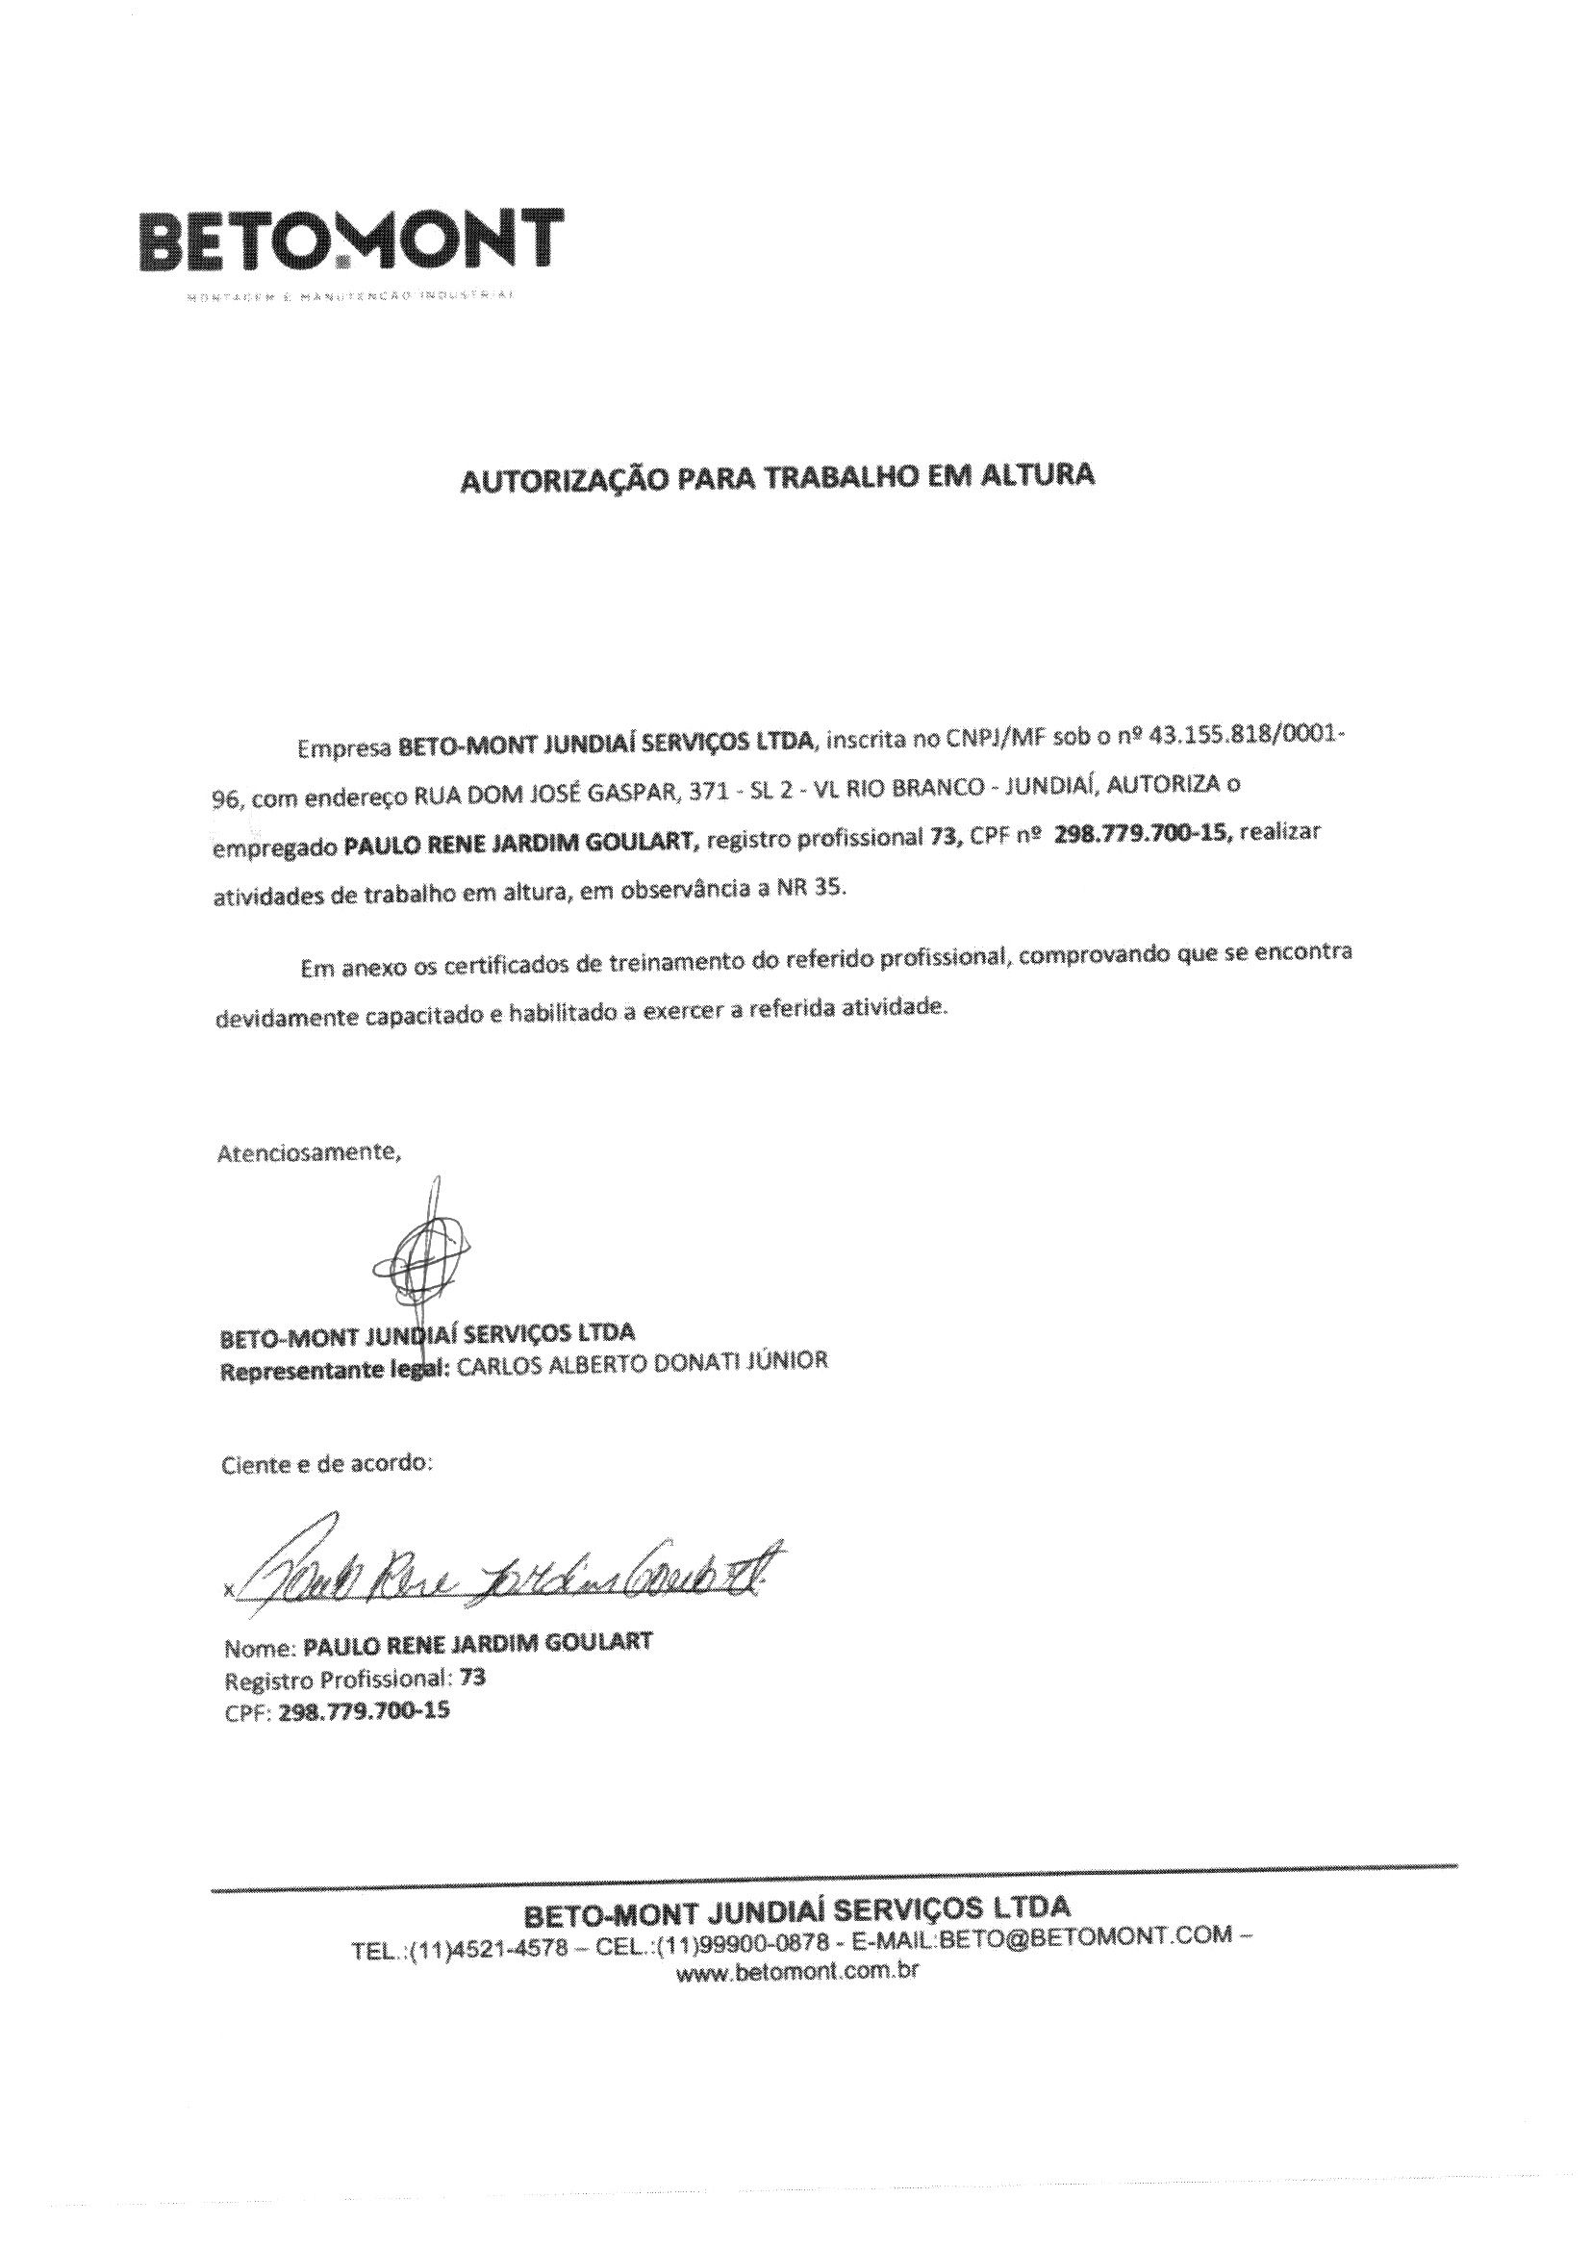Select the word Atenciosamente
[x=309, y=1152]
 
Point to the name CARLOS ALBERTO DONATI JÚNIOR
[x=643, y=1363]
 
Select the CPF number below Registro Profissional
[x=365, y=1712]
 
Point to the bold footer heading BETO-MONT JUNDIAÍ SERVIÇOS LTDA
[x=797, y=1909]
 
